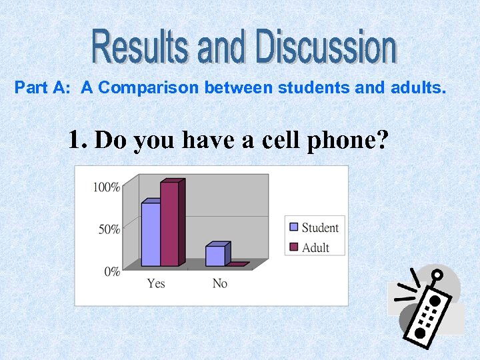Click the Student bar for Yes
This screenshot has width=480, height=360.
(x=151, y=234)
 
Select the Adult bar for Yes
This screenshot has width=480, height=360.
(x=169, y=223)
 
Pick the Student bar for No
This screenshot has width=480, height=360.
(x=215, y=256)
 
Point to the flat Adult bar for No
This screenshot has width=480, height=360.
(x=237, y=265)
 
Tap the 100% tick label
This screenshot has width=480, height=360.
(x=107, y=187)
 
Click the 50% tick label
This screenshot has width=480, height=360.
(x=109, y=229)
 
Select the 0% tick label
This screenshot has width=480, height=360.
(x=112, y=271)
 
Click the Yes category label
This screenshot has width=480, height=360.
(x=156, y=284)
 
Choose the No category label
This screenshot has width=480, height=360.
(x=220, y=284)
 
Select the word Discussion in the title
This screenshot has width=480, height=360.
(x=327, y=47)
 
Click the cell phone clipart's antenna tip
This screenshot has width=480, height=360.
(x=437, y=273)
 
